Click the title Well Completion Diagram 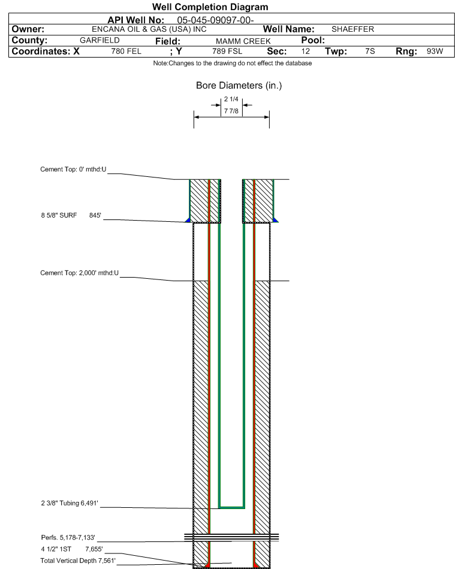point(210,7)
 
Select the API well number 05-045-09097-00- point(215,20)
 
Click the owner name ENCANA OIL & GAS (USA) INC point(149,29)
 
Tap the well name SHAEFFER point(352,29)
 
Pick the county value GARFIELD point(100,40)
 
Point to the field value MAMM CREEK point(243,41)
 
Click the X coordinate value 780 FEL point(126,51)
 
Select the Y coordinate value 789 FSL point(227,51)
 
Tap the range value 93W point(435,51)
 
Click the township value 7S point(370,51)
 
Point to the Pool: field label point(313,40)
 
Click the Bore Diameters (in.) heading point(239,86)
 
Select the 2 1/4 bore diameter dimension point(231,99)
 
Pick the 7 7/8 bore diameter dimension point(231,111)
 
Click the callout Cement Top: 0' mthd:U point(73,170)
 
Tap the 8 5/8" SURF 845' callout point(71,215)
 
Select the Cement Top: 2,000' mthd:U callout point(80,273)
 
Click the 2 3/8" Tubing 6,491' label point(70,503)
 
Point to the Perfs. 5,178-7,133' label point(68,537)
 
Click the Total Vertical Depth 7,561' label point(78,561)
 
